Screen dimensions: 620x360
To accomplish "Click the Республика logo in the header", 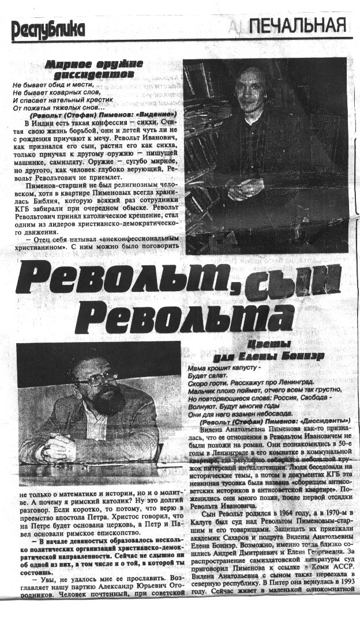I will pos(48,29).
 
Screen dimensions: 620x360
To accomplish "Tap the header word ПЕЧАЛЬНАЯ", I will pos(298,25).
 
